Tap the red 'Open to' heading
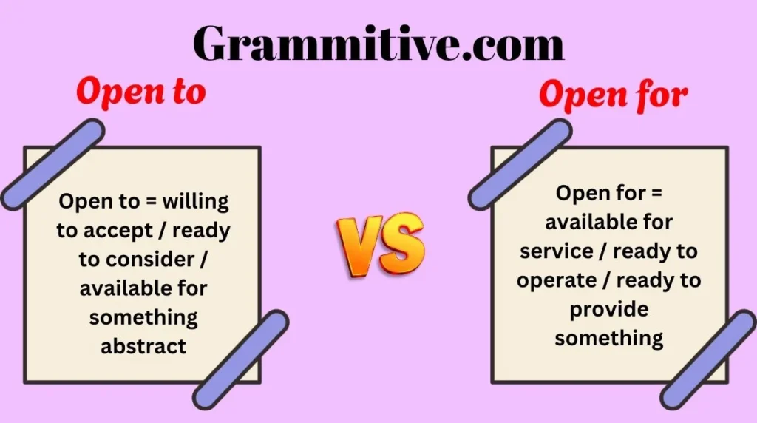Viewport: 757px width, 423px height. (140, 92)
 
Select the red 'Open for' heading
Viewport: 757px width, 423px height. (613, 95)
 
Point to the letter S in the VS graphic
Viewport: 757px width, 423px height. (402, 244)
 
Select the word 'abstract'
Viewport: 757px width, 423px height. (143, 346)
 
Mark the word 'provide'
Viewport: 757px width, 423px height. (608, 309)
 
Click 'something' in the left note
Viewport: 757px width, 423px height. (143, 317)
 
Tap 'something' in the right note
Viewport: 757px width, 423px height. (608, 338)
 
